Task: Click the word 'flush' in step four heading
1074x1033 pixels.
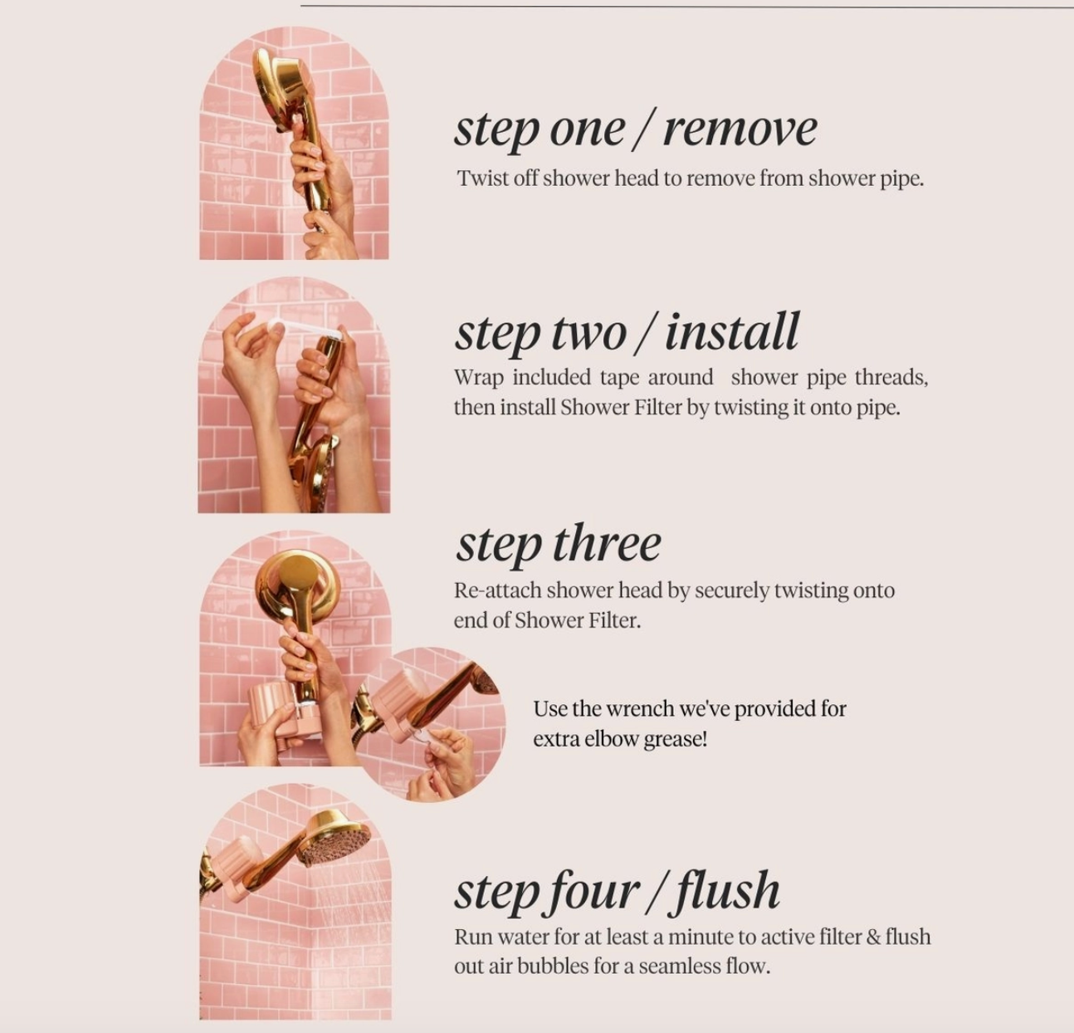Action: click(x=728, y=891)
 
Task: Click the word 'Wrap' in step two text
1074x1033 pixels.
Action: click(x=479, y=379)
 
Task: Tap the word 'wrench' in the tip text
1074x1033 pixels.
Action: click(x=640, y=708)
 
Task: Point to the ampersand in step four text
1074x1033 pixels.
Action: click(x=872, y=937)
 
